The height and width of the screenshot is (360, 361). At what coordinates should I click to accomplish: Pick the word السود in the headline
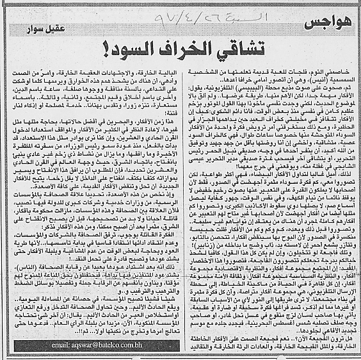[132, 51]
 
